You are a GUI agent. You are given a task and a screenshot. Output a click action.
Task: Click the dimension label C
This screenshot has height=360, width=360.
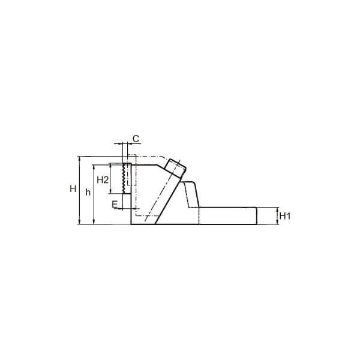(136, 139)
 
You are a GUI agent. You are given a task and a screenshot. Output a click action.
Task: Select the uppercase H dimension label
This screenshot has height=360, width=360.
(73, 189)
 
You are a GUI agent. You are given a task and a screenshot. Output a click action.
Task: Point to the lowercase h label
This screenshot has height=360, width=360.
(88, 192)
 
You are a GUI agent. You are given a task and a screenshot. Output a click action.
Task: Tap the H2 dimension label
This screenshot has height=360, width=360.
(103, 180)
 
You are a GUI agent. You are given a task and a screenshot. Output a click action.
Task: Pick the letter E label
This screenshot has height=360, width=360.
(115, 205)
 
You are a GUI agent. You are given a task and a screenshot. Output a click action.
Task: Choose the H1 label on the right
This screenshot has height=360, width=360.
(285, 216)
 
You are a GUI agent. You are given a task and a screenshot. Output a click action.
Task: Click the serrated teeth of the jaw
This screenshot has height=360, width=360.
(124, 178)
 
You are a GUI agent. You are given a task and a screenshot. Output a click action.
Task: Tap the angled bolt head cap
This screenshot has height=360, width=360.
(176, 167)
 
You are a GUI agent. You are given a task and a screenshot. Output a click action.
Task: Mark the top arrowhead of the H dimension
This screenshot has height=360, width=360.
(80, 158)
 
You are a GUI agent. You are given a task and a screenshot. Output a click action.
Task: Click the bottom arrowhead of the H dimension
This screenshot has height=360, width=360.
(80, 222)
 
